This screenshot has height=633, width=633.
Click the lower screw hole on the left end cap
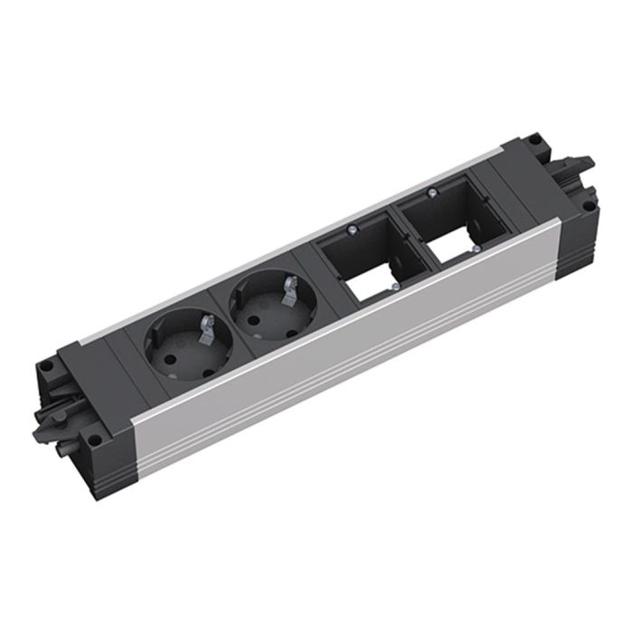pyautogui.click(x=94, y=441)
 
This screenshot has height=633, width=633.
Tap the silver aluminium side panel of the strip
pyautogui.click(x=344, y=344)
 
